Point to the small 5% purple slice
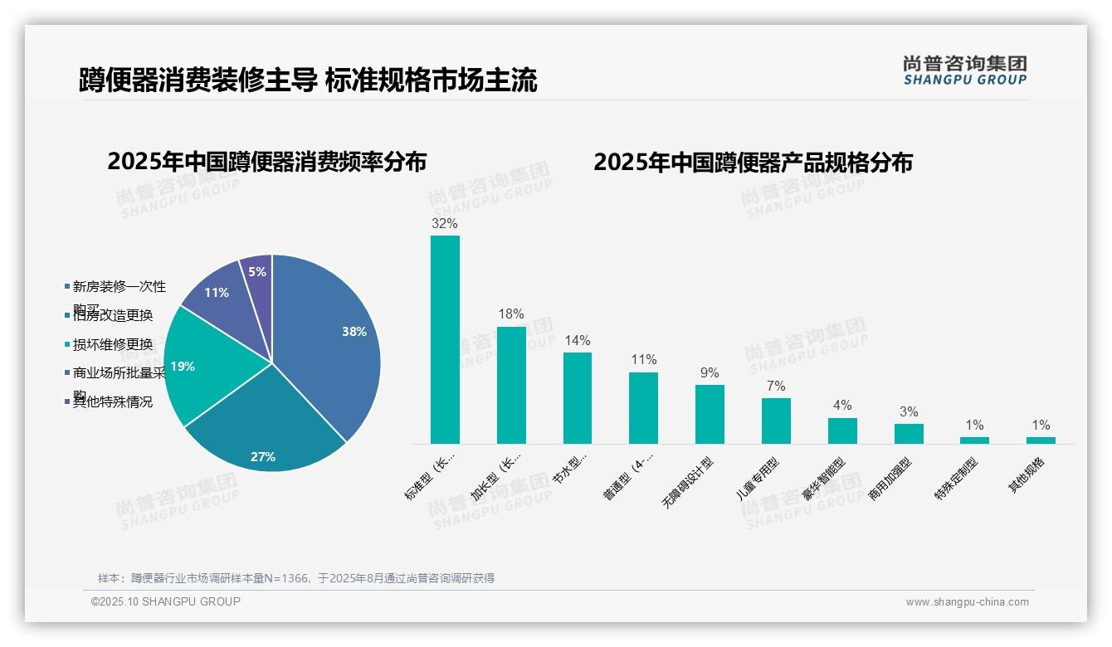click(x=257, y=271)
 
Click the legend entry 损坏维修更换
click(x=112, y=344)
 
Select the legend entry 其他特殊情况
click(x=112, y=402)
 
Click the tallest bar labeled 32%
click(x=445, y=339)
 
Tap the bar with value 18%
click(x=511, y=385)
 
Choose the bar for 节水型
click(x=578, y=398)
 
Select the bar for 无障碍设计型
click(x=710, y=414)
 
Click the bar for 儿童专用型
click(x=776, y=421)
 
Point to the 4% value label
click(x=842, y=406)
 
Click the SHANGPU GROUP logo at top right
click(x=965, y=71)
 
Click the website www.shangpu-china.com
click(x=967, y=602)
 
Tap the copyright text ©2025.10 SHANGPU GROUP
click(x=166, y=601)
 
